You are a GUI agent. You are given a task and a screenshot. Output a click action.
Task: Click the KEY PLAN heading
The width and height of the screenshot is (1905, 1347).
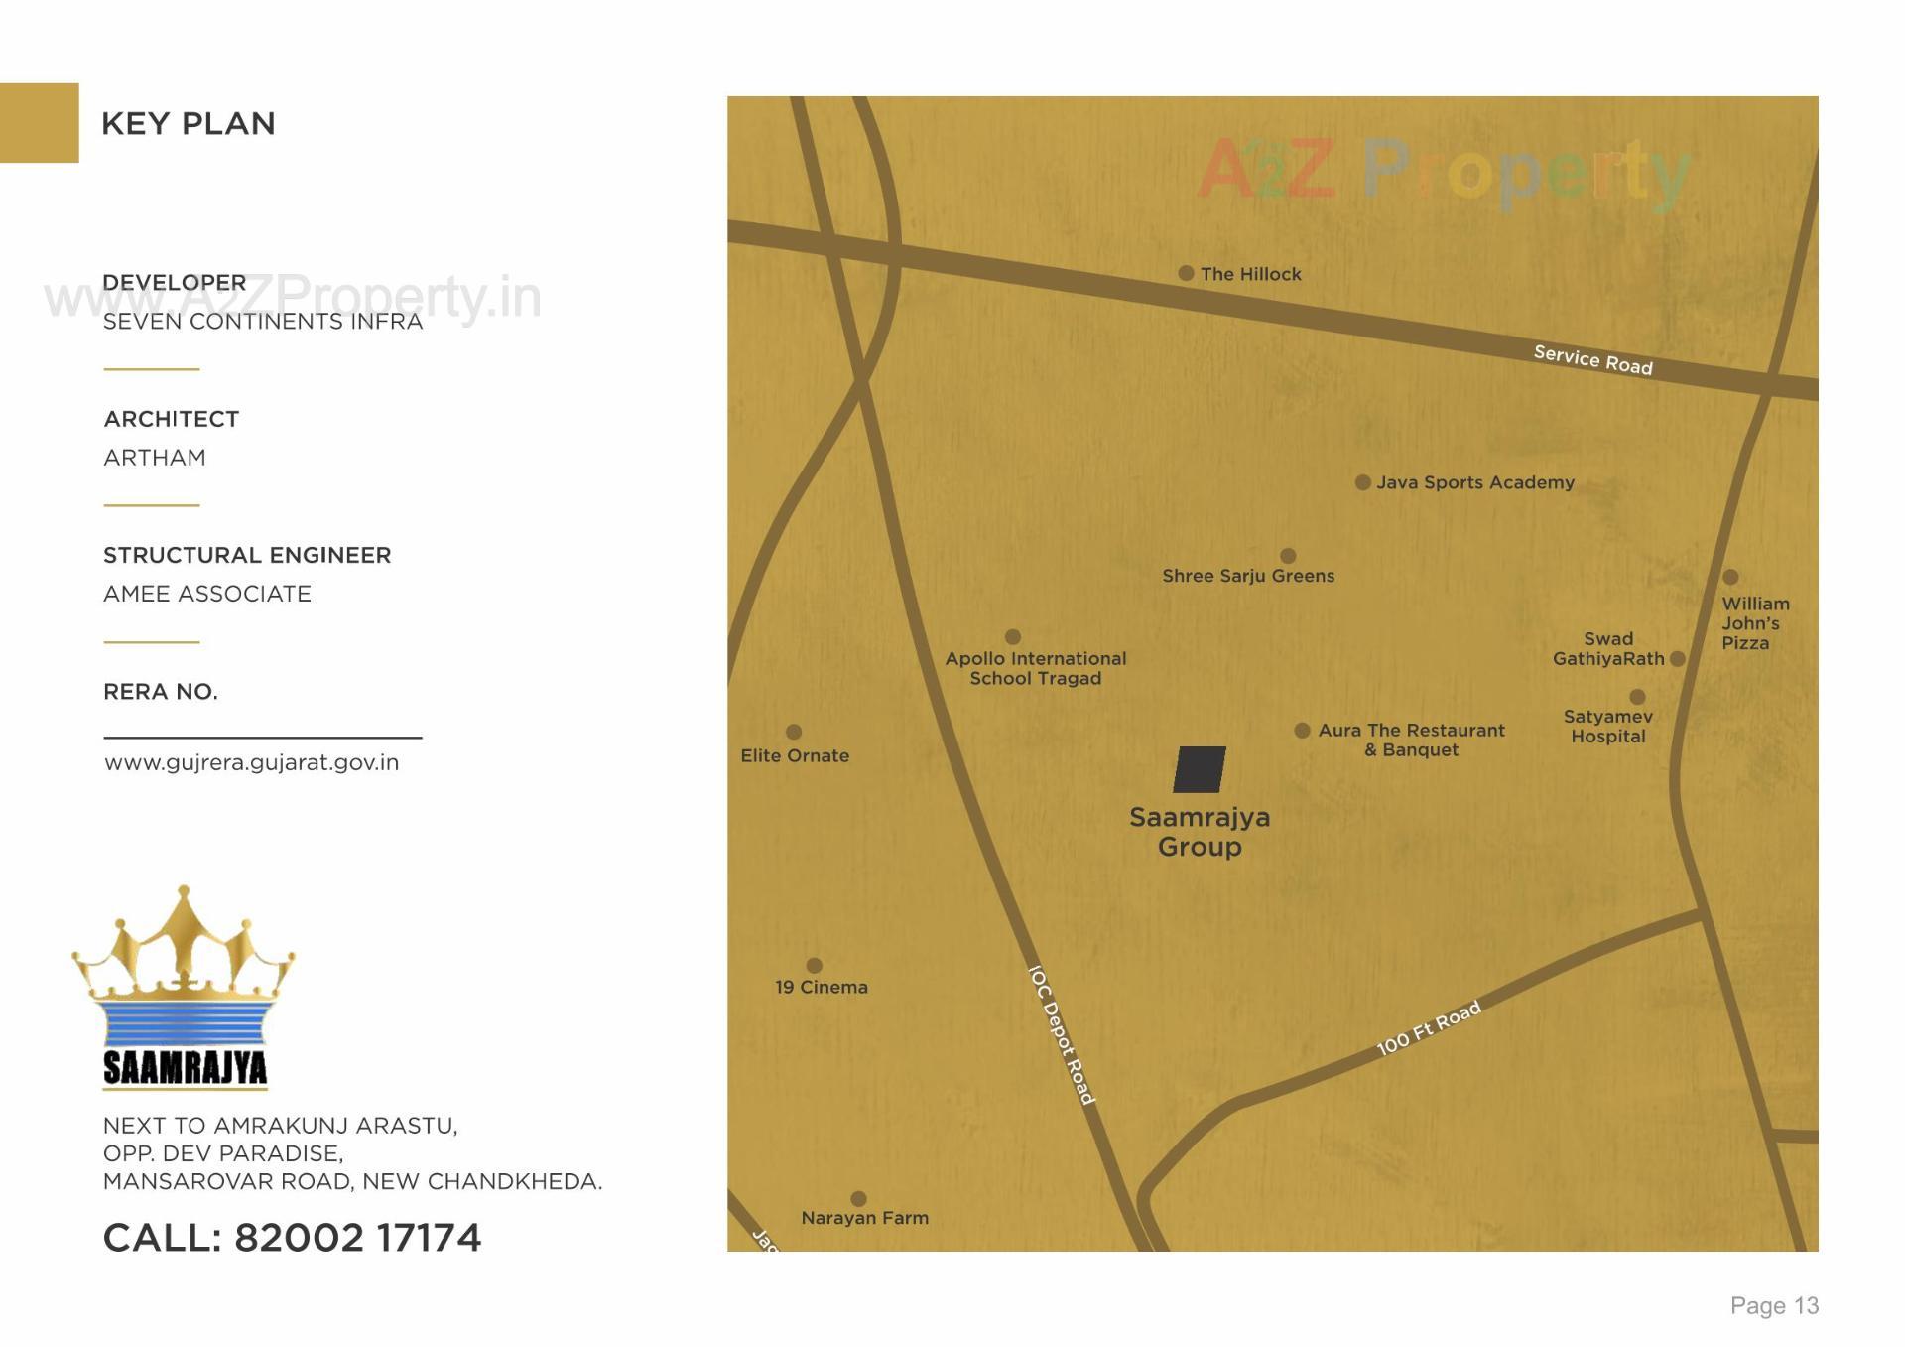pyautogui.click(x=189, y=124)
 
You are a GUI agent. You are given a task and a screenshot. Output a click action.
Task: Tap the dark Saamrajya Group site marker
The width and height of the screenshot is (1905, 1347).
pyautogui.click(x=1199, y=769)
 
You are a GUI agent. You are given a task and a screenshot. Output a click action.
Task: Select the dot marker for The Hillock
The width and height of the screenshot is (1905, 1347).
pyautogui.click(x=1186, y=273)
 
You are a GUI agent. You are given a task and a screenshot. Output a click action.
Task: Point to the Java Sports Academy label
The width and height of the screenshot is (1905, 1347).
pyautogui.click(x=1474, y=482)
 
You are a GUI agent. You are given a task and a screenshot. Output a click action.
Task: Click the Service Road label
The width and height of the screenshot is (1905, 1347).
pyautogui.click(x=1592, y=359)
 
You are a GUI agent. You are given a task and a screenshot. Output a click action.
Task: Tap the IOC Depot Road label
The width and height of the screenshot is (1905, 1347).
pyautogui.click(x=1061, y=1035)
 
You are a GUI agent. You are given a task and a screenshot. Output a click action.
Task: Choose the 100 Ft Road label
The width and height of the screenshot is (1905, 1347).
pyautogui.click(x=1428, y=1028)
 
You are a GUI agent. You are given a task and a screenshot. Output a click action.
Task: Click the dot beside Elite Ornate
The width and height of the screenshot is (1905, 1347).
pyautogui.click(x=794, y=732)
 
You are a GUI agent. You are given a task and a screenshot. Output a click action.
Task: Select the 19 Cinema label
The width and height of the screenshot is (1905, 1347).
pyautogui.click(x=821, y=987)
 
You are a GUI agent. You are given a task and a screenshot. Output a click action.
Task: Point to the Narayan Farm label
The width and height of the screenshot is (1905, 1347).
pyautogui.click(x=864, y=1218)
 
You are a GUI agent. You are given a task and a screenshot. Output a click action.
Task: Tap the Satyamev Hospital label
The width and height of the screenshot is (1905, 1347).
pyautogui.click(x=1607, y=727)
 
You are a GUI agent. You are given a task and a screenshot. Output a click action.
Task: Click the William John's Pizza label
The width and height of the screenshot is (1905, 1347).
pyautogui.click(x=1754, y=623)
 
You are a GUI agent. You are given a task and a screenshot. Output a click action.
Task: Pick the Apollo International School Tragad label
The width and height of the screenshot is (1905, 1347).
pyautogui.click(x=1035, y=668)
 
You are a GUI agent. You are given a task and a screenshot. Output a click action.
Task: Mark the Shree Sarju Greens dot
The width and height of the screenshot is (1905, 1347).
pyautogui.click(x=1288, y=556)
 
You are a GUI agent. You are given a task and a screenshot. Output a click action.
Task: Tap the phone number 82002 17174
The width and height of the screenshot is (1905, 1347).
pyautogui.click(x=357, y=1238)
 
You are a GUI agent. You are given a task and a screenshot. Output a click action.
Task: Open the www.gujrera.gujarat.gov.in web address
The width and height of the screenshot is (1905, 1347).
pyautogui.click(x=251, y=762)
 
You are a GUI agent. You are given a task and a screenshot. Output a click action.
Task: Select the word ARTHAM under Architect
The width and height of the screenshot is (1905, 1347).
pyautogui.click(x=155, y=458)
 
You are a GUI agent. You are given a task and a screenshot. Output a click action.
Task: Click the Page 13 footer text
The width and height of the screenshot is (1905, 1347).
pyautogui.click(x=1774, y=1305)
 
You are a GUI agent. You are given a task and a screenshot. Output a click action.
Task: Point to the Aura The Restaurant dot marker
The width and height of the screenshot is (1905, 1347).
pyautogui.click(x=1302, y=731)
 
